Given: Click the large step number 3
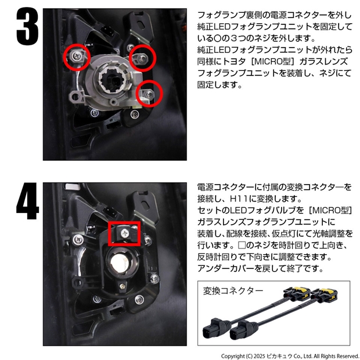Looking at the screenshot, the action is (x=27, y=26).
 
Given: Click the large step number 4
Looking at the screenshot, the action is (x=27, y=201).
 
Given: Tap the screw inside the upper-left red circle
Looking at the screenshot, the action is (x=77, y=55).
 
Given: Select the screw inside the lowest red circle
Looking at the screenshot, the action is (x=150, y=93).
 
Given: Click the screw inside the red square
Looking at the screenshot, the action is (x=125, y=233).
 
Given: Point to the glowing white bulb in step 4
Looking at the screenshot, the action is (x=120, y=263).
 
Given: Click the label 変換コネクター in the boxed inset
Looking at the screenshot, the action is (x=233, y=291).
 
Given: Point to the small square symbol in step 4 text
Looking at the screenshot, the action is (x=242, y=245).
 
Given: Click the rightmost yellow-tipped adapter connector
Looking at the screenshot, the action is (x=326, y=294).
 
